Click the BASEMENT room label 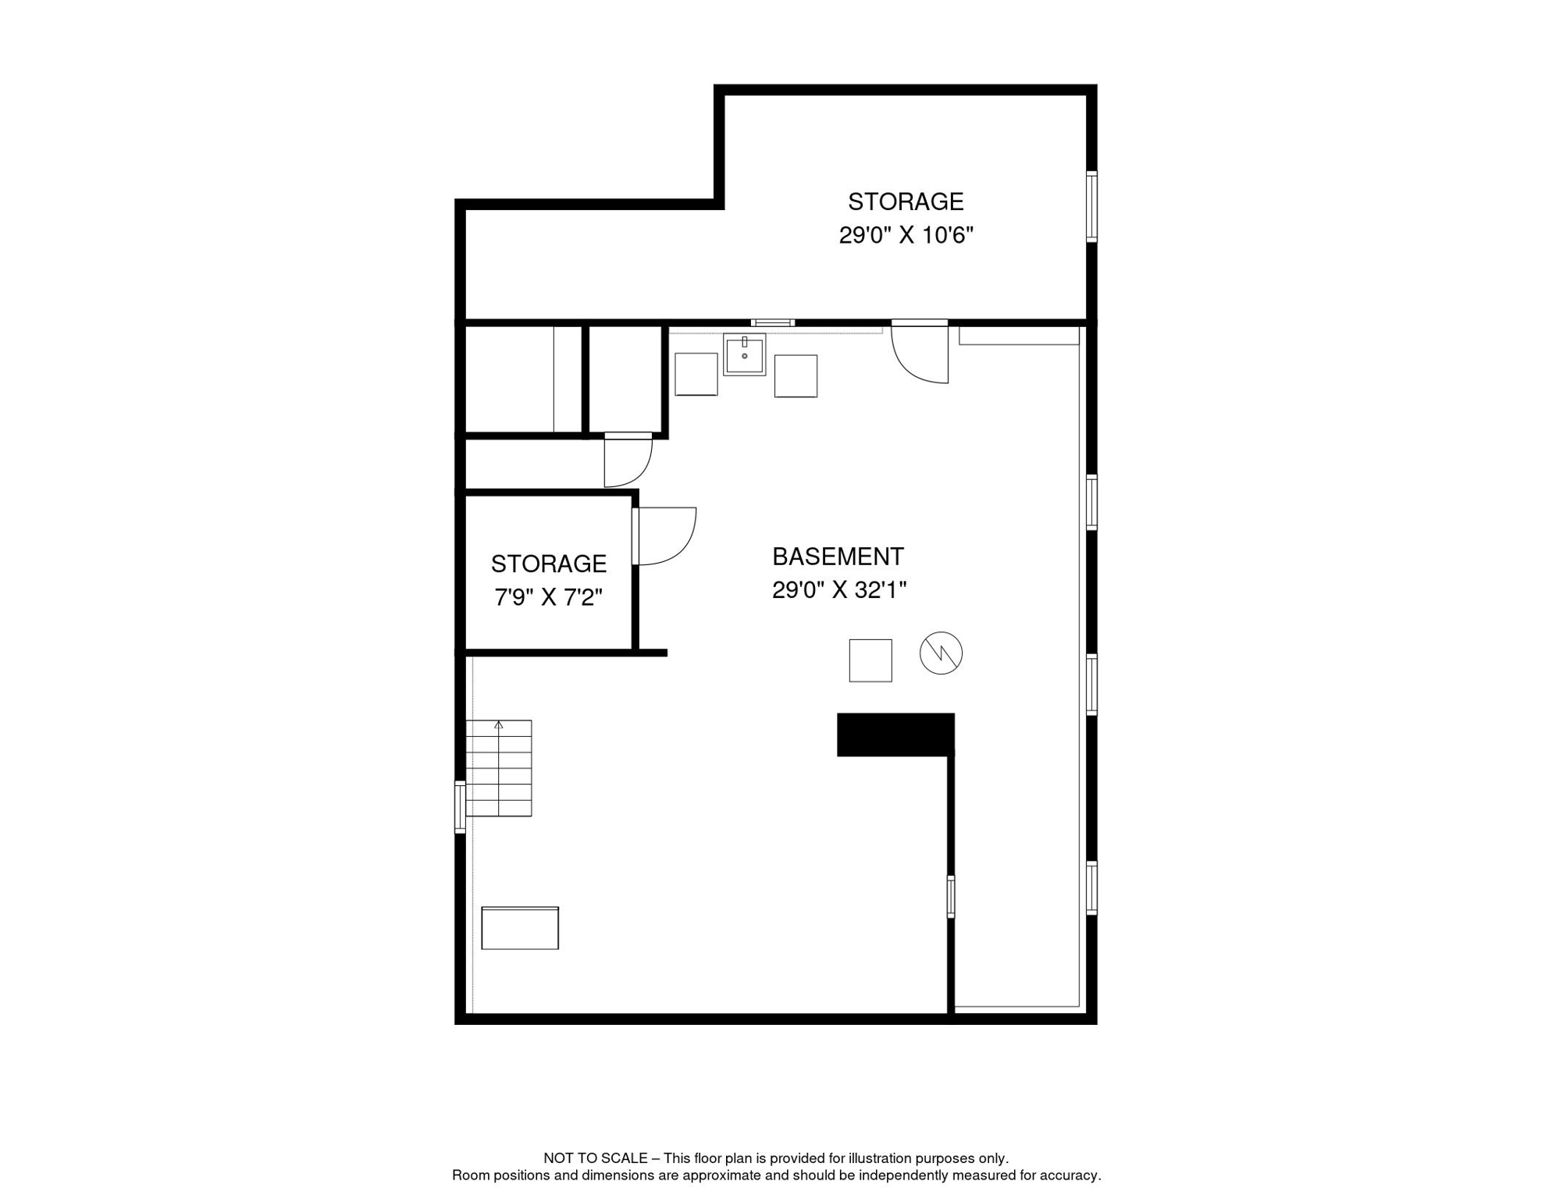pos(838,557)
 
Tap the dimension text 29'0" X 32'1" pos(839,590)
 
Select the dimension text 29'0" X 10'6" pos(906,235)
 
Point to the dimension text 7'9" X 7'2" pos(548,597)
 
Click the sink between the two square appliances pos(744,355)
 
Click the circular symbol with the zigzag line pos(941,653)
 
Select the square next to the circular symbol pos(870,660)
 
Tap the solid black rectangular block pos(895,735)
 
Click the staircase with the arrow pos(499,768)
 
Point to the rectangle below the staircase pos(520,928)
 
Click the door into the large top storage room pos(921,353)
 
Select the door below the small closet pos(628,460)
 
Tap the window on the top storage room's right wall pos(1091,206)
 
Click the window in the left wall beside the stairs pos(461,806)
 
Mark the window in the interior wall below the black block pos(951,896)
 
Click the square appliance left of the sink pos(696,374)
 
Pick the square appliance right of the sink pos(796,376)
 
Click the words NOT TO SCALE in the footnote pos(595,1158)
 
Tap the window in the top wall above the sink pos(773,322)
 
